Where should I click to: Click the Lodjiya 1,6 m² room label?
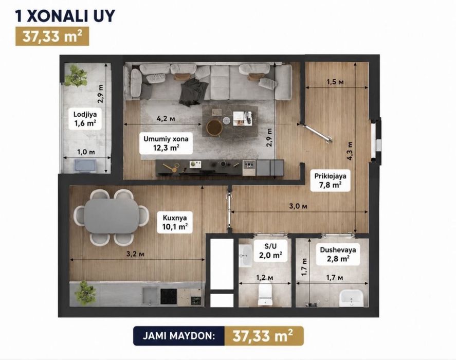[x=85, y=119]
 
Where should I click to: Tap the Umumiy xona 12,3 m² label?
[x=166, y=143]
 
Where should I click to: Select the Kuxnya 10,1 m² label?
[x=175, y=222]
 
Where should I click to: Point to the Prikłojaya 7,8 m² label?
[x=330, y=181]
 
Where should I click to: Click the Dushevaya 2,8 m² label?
[x=338, y=255]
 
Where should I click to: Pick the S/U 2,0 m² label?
[x=270, y=251]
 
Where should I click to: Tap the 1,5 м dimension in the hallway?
[x=335, y=82]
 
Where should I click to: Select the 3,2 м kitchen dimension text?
[x=135, y=254]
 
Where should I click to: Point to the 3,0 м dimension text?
[x=298, y=206]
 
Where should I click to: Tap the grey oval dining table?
[x=112, y=215]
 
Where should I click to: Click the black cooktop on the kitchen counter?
[x=169, y=296]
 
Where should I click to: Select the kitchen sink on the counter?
[x=150, y=296]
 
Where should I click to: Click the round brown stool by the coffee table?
[x=214, y=128]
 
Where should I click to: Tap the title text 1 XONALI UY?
[x=65, y=16]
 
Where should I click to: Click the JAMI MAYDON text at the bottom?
[x=179, y=336]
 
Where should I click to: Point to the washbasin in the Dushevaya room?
[x=351, y=298]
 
